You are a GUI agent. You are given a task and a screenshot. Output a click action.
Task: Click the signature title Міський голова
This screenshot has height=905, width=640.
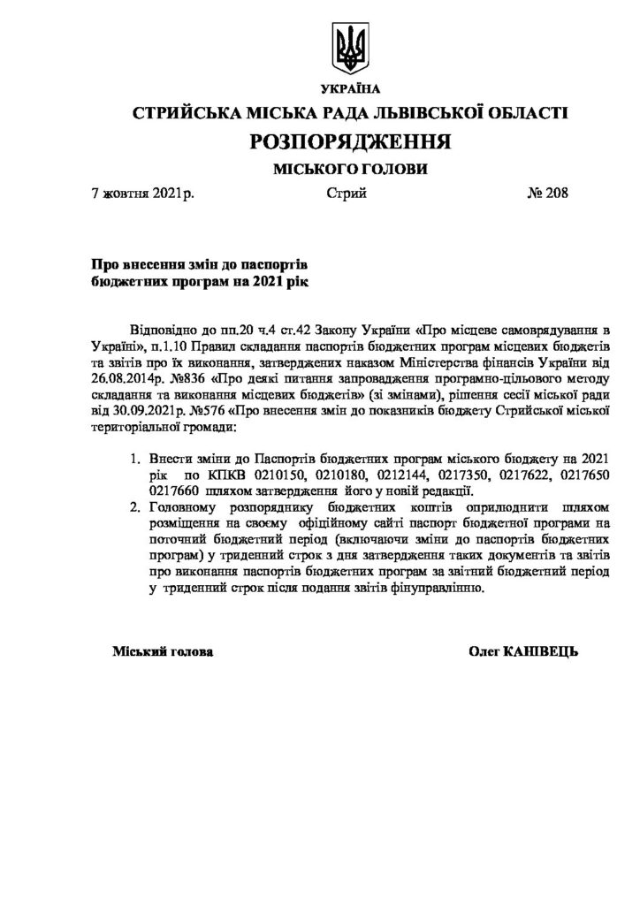click(163, 651)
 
